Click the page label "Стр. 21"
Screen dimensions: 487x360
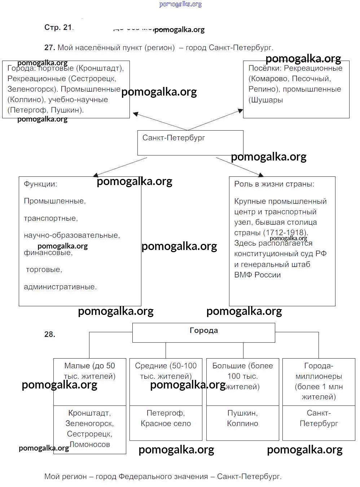click(58, 27)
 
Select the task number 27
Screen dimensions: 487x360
click(49, 48)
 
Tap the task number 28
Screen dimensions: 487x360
click(50, 334)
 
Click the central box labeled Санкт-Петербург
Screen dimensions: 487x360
click(190, 143)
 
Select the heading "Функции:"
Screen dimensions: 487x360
click(40, 184)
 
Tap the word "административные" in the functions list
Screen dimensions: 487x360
click(60, 287)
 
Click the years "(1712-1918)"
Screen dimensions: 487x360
click(285, 233)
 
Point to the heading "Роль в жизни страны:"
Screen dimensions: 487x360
click(274, 184)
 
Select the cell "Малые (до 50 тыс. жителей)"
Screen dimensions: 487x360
click(89, 381)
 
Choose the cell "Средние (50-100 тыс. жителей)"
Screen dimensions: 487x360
click(166, 381)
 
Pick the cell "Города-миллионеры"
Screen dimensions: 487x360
click(319, 381)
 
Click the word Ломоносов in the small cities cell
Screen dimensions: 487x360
click(90, 444)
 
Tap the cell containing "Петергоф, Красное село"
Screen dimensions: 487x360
click(166, 422)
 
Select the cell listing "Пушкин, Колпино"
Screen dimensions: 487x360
click(242, 422)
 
